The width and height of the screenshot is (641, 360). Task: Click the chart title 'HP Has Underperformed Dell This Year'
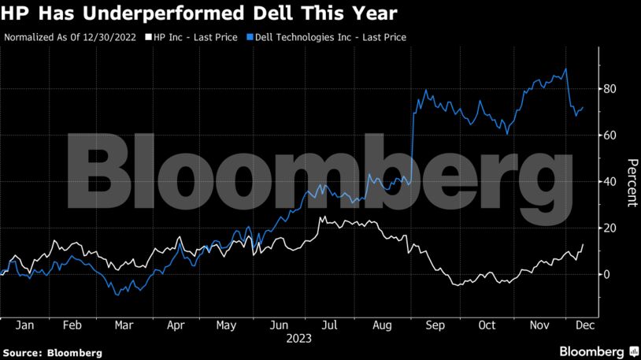pyautogui.click(x=198, y=13)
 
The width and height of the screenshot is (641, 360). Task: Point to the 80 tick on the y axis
pyautogui.click(x=609, y=89)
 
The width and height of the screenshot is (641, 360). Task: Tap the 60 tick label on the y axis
pyautogui.click(x=609, y=135)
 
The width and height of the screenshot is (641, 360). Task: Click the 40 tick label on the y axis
pyautogui.click(x=609, y=182)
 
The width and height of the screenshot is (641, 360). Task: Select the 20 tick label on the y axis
pyautogui.click(x=609, y=228)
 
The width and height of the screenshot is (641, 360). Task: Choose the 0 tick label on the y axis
pyautogui.click(x=606, y=274)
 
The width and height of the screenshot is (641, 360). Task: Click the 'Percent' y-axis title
pyautogui.click(x=632, y=182)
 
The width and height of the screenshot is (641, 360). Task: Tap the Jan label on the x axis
pyautogui.click(x=24, y=325)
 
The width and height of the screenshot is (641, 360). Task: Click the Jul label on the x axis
pyautogui.click(x=332, y=325)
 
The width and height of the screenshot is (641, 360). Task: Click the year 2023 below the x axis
pyautogui.click(x=300, y=339)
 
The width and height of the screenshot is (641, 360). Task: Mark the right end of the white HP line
pyautogui.click(x=584, y=245)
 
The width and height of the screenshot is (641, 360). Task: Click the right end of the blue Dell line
pyautogui.click(x=584, y=107)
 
